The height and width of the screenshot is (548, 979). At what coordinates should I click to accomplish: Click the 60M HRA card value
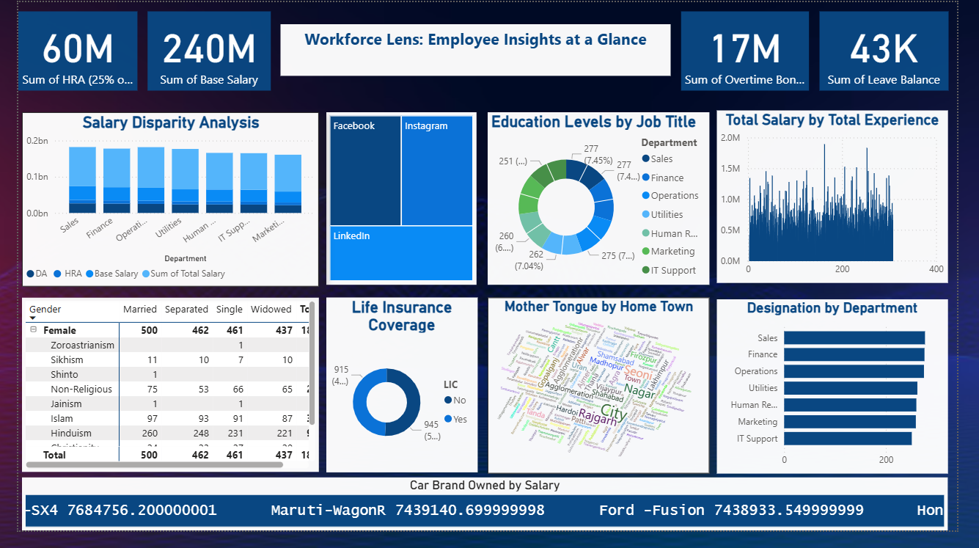78,49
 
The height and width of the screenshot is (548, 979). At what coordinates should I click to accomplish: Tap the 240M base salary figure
209,49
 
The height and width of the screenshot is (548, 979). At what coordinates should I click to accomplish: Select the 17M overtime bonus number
745,49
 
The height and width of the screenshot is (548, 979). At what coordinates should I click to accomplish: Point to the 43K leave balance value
883,49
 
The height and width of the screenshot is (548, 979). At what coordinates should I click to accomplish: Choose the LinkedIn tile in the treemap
401,252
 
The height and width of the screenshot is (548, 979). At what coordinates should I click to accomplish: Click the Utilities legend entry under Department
666,214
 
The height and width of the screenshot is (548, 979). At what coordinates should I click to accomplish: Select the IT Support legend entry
672,270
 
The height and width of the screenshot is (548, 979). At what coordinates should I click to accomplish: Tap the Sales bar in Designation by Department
854,337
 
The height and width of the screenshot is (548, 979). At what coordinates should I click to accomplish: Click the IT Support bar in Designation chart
847,439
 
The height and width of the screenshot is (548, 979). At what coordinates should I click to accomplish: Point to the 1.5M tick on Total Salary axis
730,169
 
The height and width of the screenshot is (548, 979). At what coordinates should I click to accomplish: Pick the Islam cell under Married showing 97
150,418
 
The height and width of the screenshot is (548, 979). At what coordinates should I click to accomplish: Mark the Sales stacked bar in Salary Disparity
82,180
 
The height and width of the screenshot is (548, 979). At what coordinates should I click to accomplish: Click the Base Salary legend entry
115,274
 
